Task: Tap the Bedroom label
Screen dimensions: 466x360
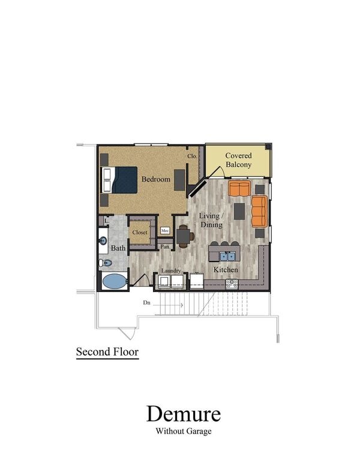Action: pyautogui.click(x=156, y=179)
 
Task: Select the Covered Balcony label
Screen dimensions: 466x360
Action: pyautogui.click(x=238, y=160)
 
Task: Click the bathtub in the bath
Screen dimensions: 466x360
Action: pyautogui.click(x=113, y=281)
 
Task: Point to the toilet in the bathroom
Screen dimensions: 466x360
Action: pyautogui.click(x=106, y=263)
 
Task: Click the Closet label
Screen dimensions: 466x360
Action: pyautogui.click(x=140, y=233)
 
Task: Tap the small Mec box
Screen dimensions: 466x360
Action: pyautogui.click(x=165, y=230)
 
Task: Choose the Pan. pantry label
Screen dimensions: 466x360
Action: pyautogui.click(x=165, y=246)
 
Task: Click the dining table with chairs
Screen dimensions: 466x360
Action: pyautogui.click(x=184, y=236)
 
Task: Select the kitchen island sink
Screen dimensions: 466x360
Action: pyautogui.click(x=227, y=256)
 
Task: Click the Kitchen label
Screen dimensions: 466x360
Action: pyautogui.click(x=226, y=270)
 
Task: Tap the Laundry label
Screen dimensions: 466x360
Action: pyautogui.click(x=171, y=270)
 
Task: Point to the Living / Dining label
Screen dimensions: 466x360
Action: pyautogui.click(x=211, y=220)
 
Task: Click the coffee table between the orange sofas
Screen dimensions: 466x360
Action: pyautogui.click(x=239, y=211)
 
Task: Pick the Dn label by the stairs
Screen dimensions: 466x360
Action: pyautogui.click(x=146, y=303)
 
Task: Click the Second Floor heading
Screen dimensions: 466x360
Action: pyautogui.click(x=107, y=352)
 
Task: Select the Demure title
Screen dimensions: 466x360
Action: pyautogui.click(x=183, y=414)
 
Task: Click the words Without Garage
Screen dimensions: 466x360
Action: pyautogui.click(x=183, y=431)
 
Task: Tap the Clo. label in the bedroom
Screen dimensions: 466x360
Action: pyautogui.click(x=192, y=157)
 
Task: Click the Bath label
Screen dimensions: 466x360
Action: pyautogui.click(x=118, y=248)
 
